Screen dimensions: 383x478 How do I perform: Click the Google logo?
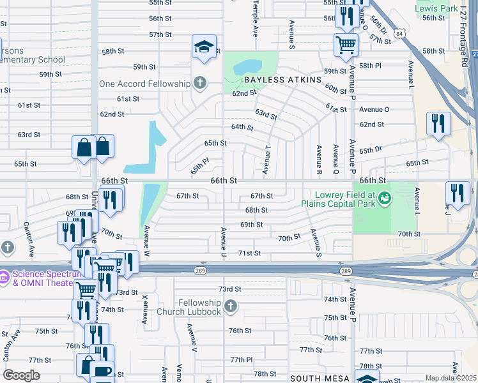(21, 375)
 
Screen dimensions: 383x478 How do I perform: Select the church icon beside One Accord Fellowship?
(200, 83)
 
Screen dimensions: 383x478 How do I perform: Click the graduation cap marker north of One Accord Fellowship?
(204, 47)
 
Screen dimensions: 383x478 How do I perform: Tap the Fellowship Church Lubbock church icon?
(231, 307)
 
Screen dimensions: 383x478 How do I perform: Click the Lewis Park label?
(436, 8)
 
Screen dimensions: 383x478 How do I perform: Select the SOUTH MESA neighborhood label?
(320, 379)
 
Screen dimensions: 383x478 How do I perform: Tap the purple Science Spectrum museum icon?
(5, 277)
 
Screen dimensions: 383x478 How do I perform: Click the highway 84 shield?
(399, 33)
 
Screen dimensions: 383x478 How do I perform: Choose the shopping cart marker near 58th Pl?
(346, 44)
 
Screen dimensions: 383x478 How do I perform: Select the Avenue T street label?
(266, 159)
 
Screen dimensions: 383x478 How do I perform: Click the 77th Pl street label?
(242, 359)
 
